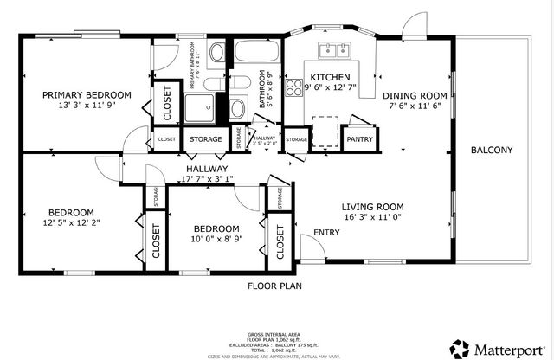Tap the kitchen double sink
pyautogui.click(x=332, y=50)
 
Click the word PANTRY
pyautogui.click(x=357, y=138)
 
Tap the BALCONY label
pyautogui.click(x=491, y=151)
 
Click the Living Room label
pyautogui.click(x=372, y=206)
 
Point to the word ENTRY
pyautogui.click(x=326, y=232)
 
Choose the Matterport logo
pyautogui.click(x=493, y=348)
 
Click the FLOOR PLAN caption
pyautogui.click(x=274, y=285)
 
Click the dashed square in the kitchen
pyautogui.click(x=325, y=131)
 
